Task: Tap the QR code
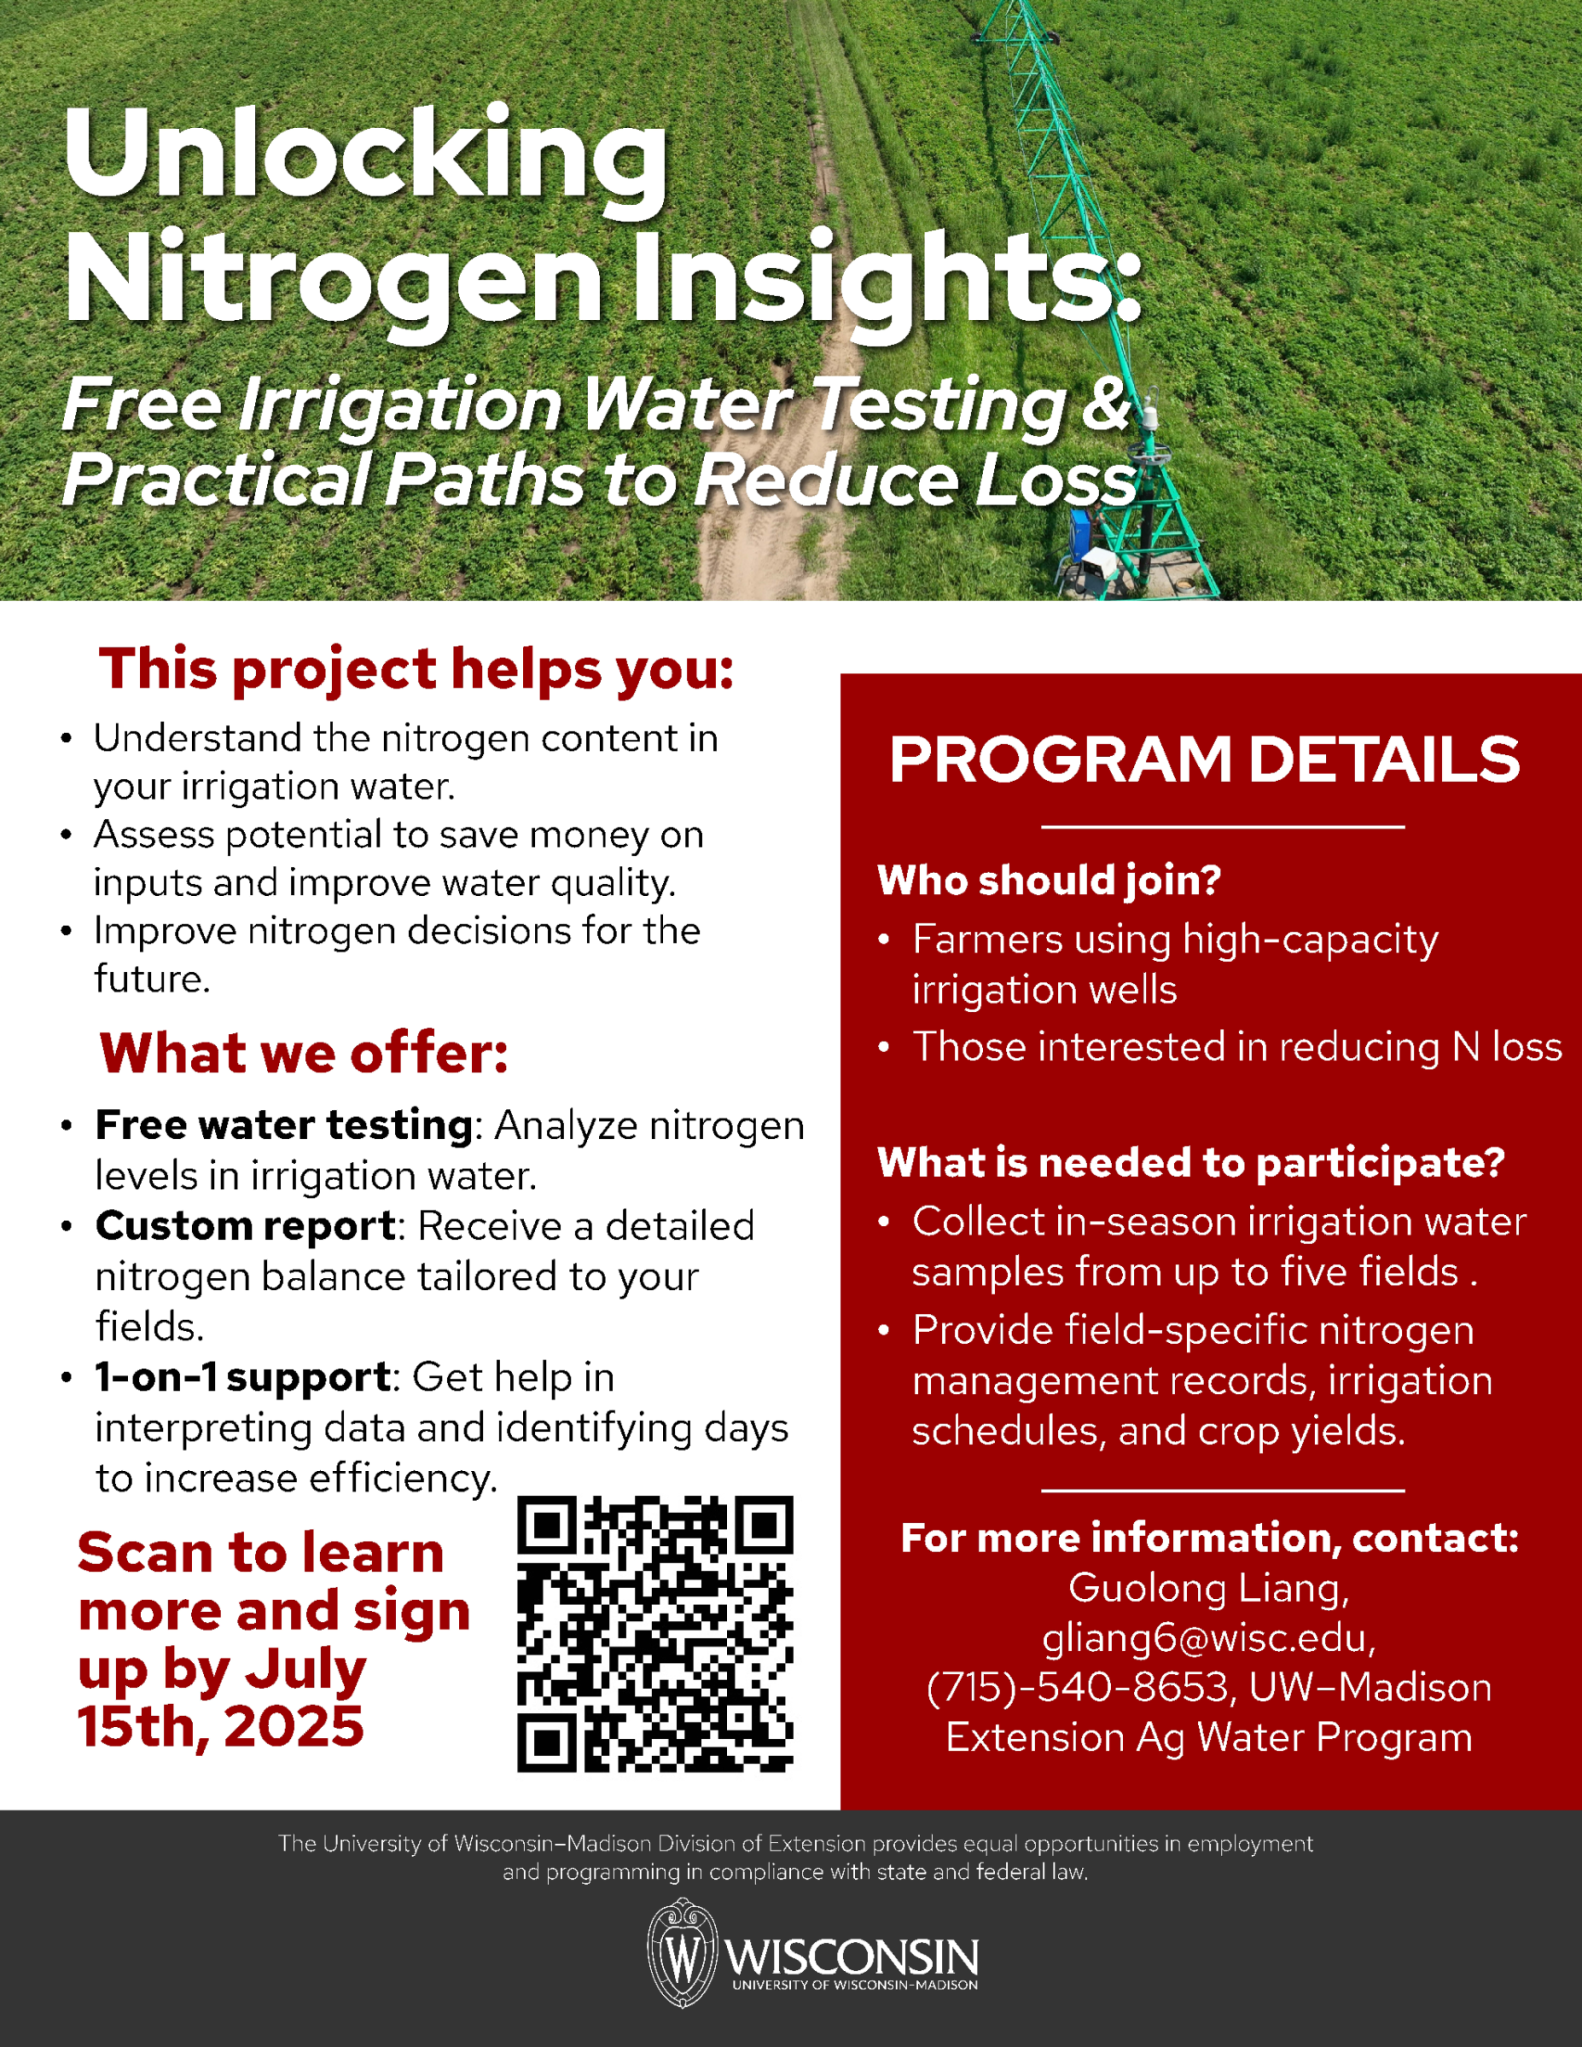point(655,1634)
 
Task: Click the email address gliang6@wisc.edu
point(1208,1638)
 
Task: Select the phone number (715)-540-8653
point(1077,1688)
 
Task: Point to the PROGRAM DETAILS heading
point(1204,759)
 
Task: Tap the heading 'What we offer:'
point(304,1053)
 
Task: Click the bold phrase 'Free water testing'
point(284,1125)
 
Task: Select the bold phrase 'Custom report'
point(246,1226)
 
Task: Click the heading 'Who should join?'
point(1049,880)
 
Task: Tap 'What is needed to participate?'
point(1190,1162)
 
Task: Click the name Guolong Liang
point(1208,1588)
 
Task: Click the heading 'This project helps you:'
point(416,669)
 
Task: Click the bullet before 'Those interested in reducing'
point(883,1048)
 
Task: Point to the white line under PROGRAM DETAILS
point(1222,827)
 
